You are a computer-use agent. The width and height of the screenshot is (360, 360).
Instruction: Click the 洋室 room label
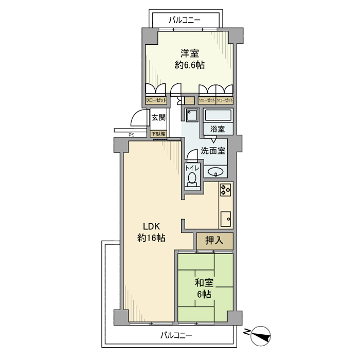click(190, 53)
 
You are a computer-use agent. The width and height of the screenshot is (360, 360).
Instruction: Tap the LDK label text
click(151, 226)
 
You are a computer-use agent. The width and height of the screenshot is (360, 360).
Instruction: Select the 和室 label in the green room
click(204, 283)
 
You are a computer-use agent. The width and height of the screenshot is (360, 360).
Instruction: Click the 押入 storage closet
click(214, 241)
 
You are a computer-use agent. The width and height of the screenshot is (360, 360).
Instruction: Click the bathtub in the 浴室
click(219, 115)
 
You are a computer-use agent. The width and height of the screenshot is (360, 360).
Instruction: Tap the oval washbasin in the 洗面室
click(215, 172)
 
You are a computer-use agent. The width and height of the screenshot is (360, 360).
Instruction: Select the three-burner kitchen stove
click(225, 190)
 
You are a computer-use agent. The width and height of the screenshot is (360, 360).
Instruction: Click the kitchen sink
click(226, 219)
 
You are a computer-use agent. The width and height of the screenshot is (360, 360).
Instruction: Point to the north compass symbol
click(261, 336)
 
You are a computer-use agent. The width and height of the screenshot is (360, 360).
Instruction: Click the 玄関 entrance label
click(158, 118)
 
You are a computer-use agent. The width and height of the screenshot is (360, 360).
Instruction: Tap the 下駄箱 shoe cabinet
click(158, 134)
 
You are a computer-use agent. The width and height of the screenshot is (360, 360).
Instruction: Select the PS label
click(131, 135)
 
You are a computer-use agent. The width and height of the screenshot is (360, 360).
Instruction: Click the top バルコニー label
click(185, 20)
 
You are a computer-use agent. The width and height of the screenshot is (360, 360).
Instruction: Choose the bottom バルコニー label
click(176, 336)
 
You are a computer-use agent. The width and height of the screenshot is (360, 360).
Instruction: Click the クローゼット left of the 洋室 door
click(156, 100)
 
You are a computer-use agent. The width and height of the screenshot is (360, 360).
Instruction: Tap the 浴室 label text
click(218, 129)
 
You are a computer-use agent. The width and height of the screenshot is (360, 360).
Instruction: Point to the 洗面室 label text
click(213, 150)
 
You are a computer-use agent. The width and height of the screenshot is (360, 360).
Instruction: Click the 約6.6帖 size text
click(190, 65)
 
